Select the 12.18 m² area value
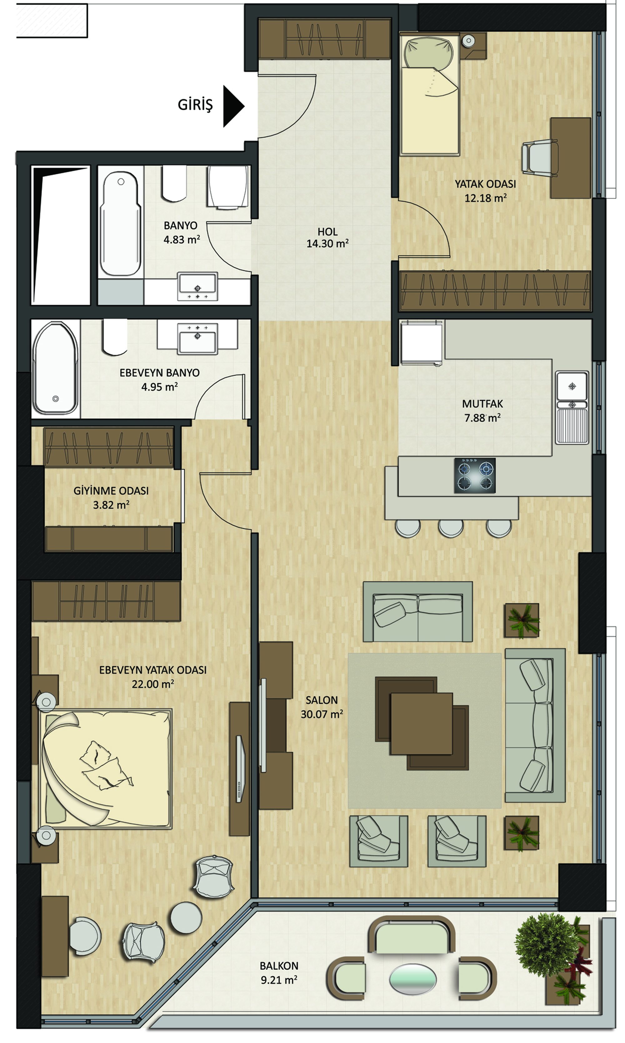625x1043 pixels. [x=485, y=198]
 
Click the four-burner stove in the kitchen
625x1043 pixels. [x=475, y=475]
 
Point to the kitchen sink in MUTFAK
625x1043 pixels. [x=572, y=408]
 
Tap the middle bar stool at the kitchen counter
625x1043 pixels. [x=451, y=528]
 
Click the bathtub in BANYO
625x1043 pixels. [x=120, y=223]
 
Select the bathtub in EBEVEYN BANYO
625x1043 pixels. [x=56, y=367]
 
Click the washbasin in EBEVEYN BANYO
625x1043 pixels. [x=197, y=338]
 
